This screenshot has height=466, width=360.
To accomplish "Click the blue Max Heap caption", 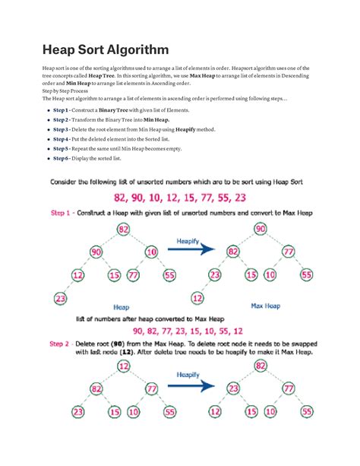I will (266, 306).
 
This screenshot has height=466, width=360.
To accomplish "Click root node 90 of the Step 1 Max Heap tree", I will (260, 229).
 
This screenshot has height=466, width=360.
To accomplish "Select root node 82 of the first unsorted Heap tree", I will (122, 229).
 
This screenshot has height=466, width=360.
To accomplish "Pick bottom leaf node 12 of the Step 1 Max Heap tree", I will (197, 297).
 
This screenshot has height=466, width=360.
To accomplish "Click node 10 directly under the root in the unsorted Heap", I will (151, 252).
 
